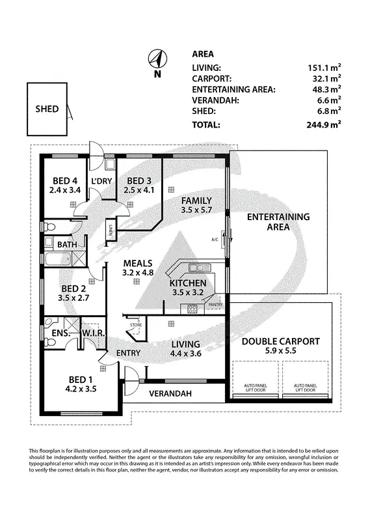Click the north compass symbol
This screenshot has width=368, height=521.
click(156, 60)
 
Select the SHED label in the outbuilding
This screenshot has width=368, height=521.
click(47, 109)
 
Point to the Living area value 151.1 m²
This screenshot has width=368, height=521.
click(325, 67)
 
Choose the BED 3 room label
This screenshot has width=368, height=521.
click(140, 181)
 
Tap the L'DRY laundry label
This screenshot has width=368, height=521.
click(101, 181)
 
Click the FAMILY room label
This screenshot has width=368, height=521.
click(196, 201)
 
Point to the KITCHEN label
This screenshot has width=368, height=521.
click(187, 283)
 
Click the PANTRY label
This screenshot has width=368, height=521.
click(217, 304)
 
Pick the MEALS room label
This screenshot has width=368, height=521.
click(138, 264)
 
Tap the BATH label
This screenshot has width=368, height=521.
click(67, 245)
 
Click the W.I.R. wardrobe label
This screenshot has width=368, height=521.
click(89, 333)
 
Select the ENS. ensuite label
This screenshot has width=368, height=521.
click(53, 333)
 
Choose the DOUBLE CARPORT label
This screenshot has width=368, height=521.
click(280, 341)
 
